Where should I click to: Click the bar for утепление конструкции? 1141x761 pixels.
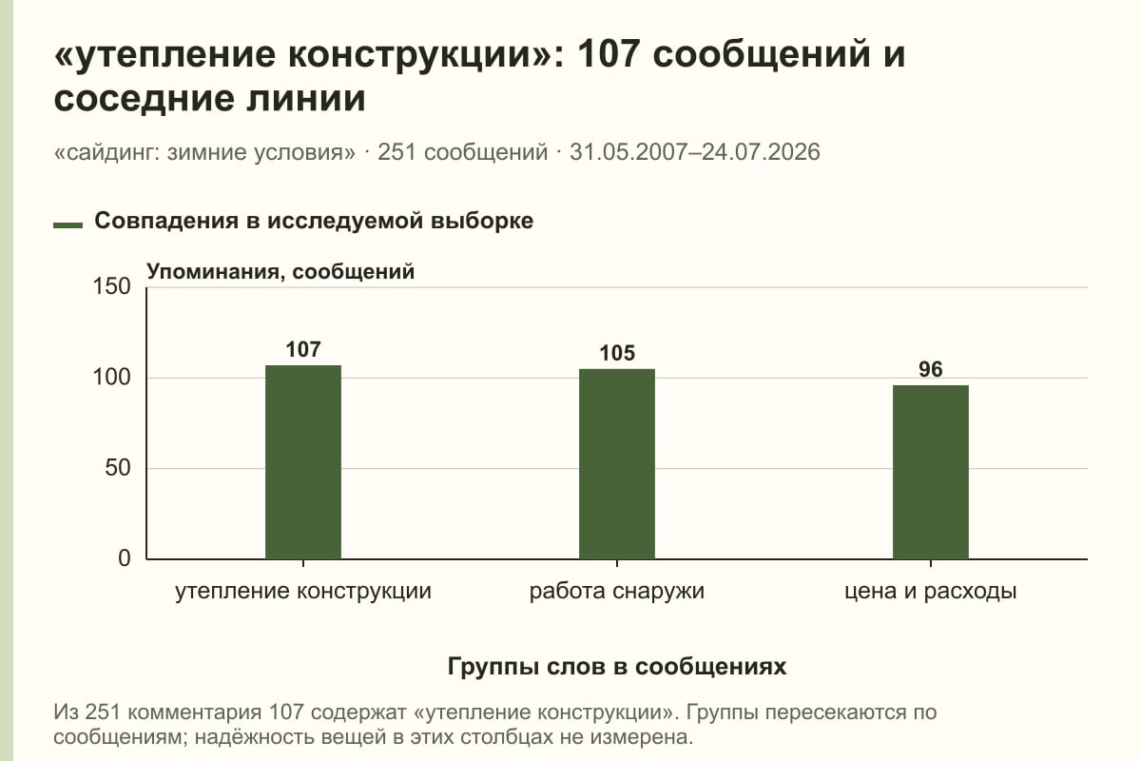click(x=303, y=461)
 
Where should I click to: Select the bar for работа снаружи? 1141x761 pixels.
click(x=617, y=464)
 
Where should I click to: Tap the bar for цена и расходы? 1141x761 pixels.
click(x=931, y=472)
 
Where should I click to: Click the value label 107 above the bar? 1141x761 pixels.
click(x=303, y=350)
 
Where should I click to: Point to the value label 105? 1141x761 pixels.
click(x=617, y=353)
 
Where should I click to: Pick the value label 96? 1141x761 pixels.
click(x=931, y=369)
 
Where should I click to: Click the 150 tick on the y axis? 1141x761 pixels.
click(x=111, y=286)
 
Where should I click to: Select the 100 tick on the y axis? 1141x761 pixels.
click(x=111, y=378)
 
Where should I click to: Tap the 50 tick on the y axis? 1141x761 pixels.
click(x=118, y=468)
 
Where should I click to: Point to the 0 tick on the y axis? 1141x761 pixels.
click(x=125, y=558)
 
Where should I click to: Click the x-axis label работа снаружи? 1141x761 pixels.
click(x=617, y=592)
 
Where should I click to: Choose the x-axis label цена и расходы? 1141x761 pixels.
click(x=931, y=592)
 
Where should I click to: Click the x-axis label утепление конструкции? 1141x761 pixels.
click(x=303, y=592)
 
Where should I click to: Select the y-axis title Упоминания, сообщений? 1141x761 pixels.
click(x=280, y=272)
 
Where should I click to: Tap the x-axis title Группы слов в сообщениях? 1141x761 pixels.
click(x=617, y=666)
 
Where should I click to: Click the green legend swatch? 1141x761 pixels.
click(x=68, y=225)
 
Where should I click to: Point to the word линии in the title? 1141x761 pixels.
click(x=306, y=98)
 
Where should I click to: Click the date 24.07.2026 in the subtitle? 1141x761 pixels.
click(x=761, y=152)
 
